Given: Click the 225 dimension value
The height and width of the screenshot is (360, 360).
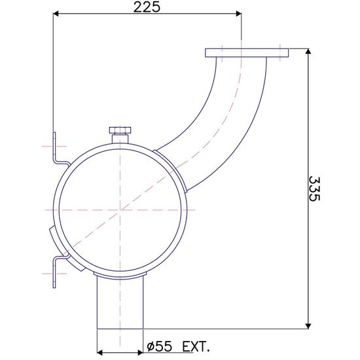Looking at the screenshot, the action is [x=146, y=7].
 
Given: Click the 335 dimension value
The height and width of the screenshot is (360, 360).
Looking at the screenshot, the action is [x=314, y=189].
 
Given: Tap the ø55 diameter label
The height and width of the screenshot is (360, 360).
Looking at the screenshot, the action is [x=159, y=346].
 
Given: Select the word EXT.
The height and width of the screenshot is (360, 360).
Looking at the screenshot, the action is [x=196, y=346].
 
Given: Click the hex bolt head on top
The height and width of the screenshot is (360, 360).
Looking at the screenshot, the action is [x=120, y=130].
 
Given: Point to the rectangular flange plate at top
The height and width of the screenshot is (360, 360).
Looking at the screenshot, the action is [x=247, y=52].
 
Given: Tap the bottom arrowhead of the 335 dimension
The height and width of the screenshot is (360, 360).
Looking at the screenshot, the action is [x=308, y=326].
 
